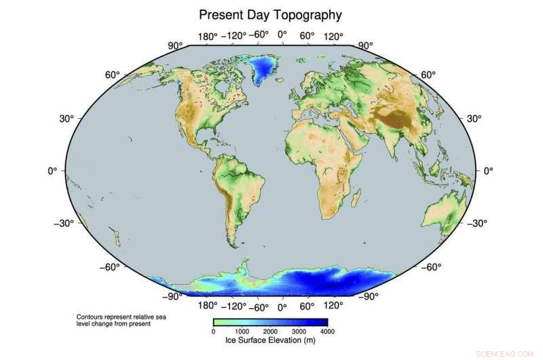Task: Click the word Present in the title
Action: coord(223,14)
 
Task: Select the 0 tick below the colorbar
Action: coord(214,332)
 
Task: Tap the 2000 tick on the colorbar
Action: coord(270,332)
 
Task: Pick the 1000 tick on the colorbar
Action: coord(242,332)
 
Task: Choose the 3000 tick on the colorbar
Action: coord(299,332)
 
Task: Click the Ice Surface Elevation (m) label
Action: coord(270,340)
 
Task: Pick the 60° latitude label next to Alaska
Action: coord(112,75)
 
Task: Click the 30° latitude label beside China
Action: coord(473,118)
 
